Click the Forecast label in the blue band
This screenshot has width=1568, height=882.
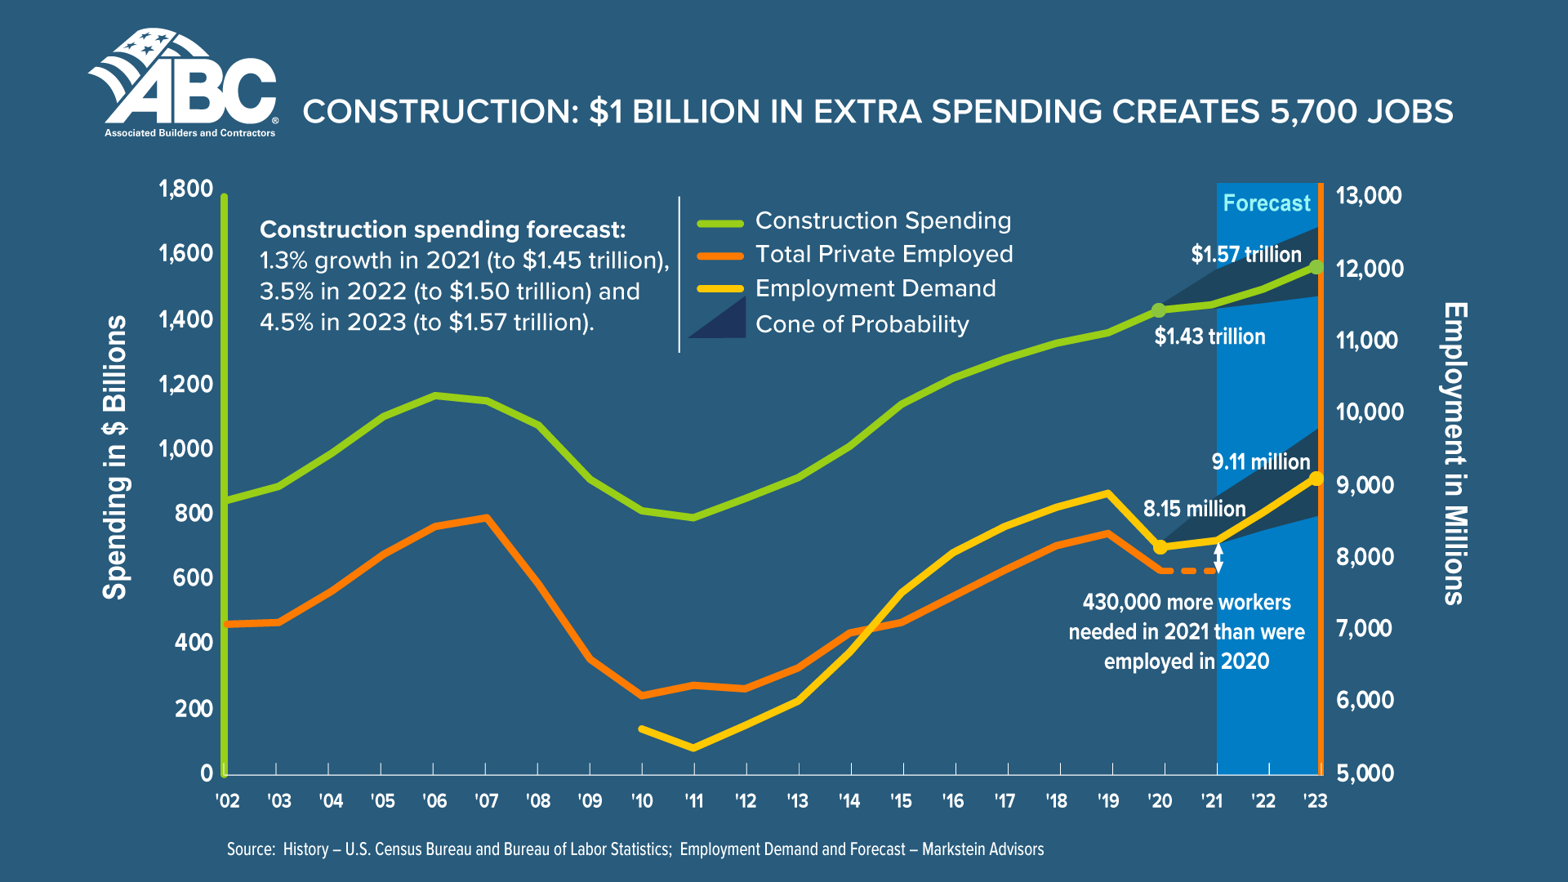click(1266, 203)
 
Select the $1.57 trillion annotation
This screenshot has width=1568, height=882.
click(1245, 255)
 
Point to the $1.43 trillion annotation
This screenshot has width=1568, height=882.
click(1209, 336)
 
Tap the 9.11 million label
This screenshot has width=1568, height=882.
click(1260, 462)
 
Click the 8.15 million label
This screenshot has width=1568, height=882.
click(1194, 509)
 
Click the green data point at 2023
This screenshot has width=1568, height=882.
click(1316, 267)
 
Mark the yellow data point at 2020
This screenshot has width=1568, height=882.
click(1160, 546)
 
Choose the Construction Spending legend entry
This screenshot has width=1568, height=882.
click(883, 220)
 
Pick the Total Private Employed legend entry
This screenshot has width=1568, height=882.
click(884, 255)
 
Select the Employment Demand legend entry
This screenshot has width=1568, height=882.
click(875, 289)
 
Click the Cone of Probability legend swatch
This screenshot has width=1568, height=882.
click(719, 319)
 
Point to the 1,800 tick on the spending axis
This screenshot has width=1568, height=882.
click(185, 189)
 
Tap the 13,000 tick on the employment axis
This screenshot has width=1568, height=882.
click(1368, 196)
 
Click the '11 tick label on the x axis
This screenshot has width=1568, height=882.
click(693, 801)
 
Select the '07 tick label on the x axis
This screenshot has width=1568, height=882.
click(486, 801)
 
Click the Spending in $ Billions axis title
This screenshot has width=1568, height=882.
click(115, 457)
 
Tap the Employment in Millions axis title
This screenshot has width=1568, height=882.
click(1455, 454)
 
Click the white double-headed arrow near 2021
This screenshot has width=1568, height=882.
click(1218, 558)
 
